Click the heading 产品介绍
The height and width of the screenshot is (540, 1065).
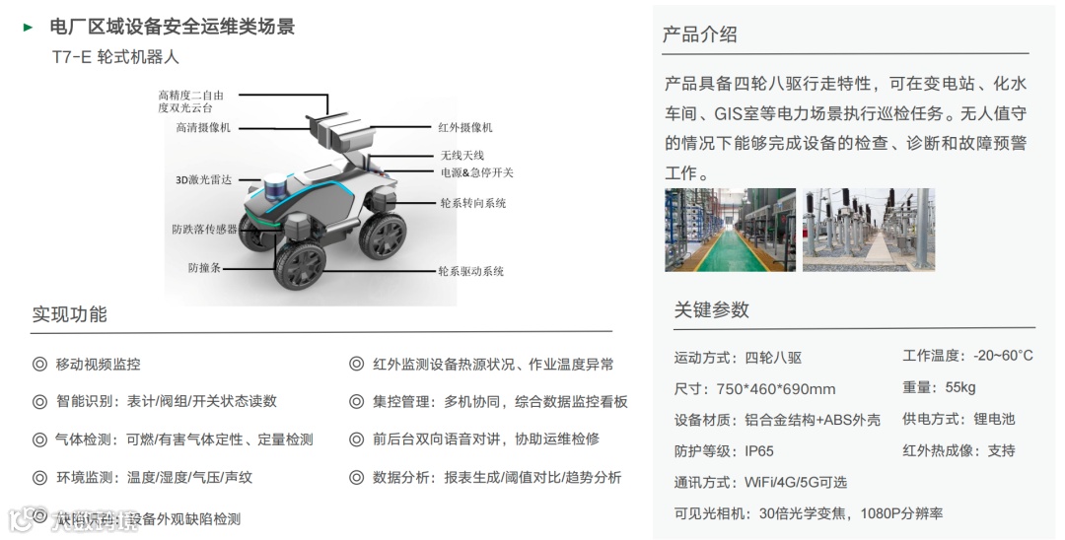click(700, 34)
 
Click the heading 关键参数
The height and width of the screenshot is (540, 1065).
click(712, 309)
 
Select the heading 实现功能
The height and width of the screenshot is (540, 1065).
click(70, 315)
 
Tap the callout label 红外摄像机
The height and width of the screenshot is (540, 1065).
click(465, 128)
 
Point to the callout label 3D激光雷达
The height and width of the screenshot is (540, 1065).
click(203, 180)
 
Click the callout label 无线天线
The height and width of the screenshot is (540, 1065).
click(462, 156)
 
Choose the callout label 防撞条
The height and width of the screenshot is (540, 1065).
click(204, 267)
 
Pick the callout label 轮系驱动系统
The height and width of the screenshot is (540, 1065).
click(471, 271)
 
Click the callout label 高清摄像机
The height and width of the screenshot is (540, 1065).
click(203, 128)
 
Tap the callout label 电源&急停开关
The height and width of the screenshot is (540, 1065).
click(477, 172)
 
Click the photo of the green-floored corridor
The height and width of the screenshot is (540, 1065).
click(730, 230)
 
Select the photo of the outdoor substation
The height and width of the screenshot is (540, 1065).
click(868, 230)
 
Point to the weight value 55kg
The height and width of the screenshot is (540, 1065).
click(959, 387)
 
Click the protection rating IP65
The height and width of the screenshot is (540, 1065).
click(759, 451)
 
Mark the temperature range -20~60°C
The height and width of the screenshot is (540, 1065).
click(1003, 356)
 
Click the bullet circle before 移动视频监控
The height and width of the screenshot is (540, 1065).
click(39, 365)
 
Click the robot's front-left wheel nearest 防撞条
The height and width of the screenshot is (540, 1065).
click(300, 264)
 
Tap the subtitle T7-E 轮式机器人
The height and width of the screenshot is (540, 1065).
click(115, 58)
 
